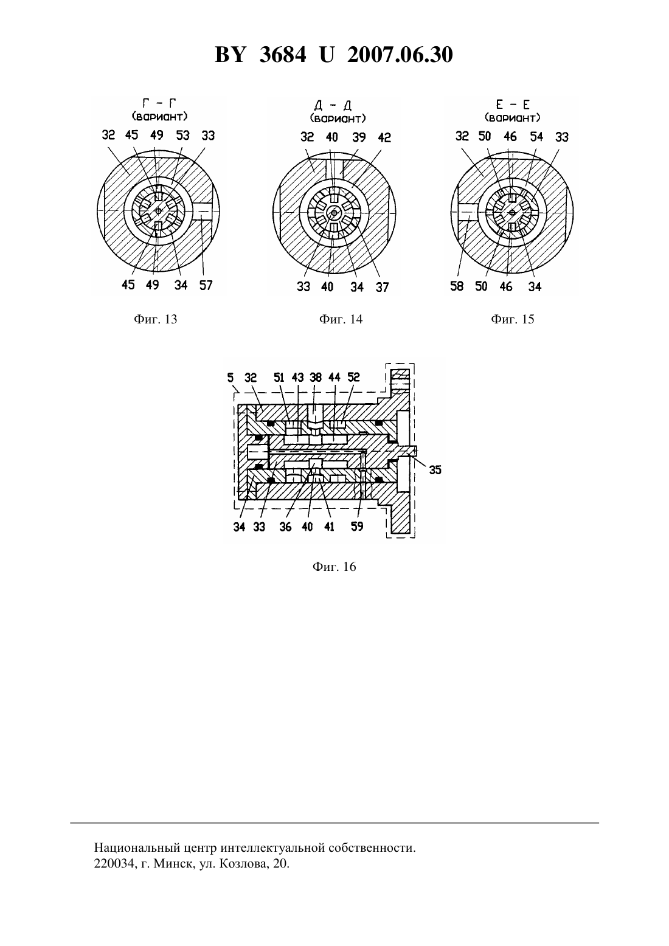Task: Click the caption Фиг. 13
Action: (x=156, y=319)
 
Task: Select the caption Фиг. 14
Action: (x=341, y=319)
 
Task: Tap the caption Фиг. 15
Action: (x=512, y=319)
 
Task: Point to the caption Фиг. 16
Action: (x=334, y=567)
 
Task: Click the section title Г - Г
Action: (x=159, y=103)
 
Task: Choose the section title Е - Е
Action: (x=513, y=105)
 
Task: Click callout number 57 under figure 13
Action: (x=206, y=286)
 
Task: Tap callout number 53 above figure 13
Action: (x=183, y=136)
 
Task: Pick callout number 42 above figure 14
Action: (x=384, y=137)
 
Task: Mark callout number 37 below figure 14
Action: (x=382, y=288)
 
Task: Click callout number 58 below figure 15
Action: (x=457, y=286)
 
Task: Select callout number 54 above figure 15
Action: (x=536, y=136)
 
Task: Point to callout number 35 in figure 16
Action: (x=435, y=470)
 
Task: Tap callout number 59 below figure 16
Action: (x=358, y=527)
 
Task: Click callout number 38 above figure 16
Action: (x=316, y=377)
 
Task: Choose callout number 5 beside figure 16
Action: (x=230, y=378)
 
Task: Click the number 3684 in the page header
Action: (x=283, y=55)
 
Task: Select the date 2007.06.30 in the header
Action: (x=400, y=55)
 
